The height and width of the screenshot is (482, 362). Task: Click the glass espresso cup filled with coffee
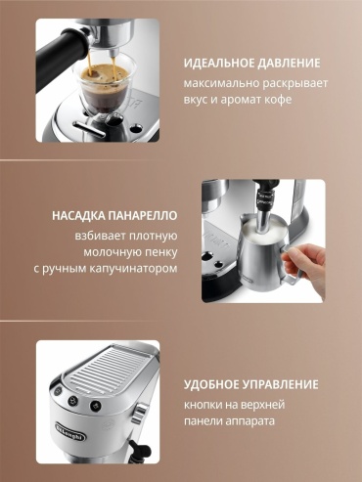[x=104, y=85]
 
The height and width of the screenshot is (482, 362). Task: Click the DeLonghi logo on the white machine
[x=70, y=430]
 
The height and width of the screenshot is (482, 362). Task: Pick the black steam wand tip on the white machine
[x=134, y=447]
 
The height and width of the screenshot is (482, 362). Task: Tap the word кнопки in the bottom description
[x=204, y=405]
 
